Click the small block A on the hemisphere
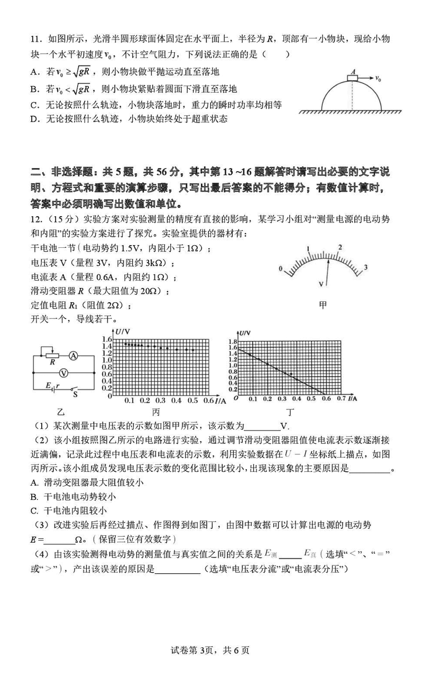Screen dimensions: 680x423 [353, 78]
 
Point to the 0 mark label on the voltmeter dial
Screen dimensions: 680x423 [281, 268]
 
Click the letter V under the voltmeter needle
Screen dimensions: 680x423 [321, 284]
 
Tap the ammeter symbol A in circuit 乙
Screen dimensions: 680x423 [74, 357]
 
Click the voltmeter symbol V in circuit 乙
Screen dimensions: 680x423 [63, 372]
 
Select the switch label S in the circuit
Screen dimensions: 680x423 [75, 394]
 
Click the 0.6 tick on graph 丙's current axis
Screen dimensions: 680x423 [209, 401]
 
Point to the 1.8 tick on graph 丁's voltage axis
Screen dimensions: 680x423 [231, 342]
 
